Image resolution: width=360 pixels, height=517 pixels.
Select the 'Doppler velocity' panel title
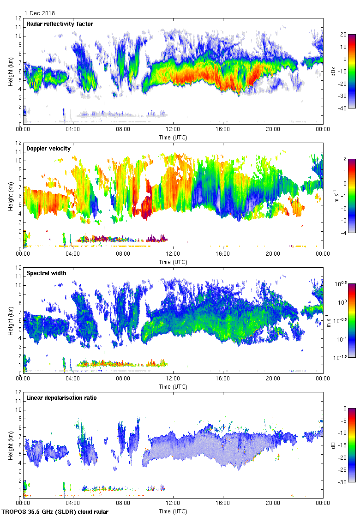(46, 149)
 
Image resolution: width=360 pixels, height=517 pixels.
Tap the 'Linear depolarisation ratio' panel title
(61, 398)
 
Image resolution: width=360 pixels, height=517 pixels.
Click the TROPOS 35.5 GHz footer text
(56, 512)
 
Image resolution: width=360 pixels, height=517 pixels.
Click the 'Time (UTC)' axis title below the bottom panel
(173, 511)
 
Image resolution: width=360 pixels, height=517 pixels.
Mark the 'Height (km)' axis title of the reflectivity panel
(11, 71)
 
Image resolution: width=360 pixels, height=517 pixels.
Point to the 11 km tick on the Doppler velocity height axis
(18, 151)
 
